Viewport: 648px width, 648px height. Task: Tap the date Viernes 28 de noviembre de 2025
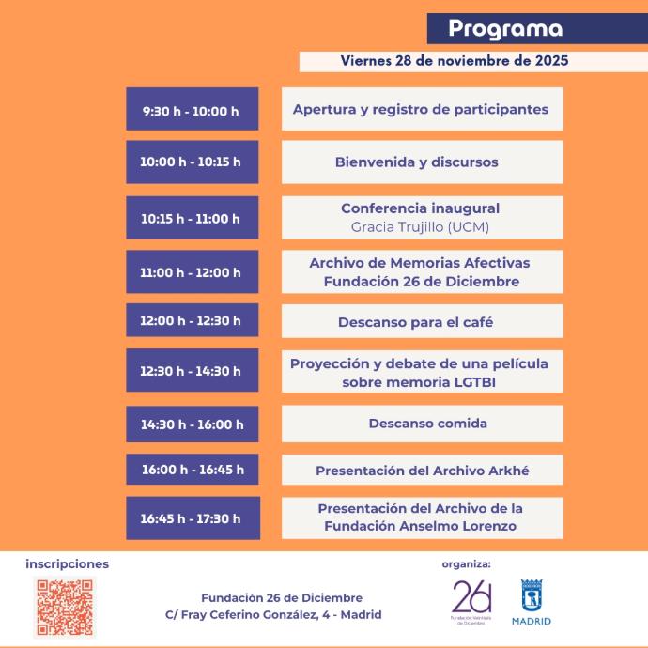(x=455, y=61)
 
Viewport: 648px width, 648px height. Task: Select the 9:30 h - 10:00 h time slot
(x=192, y=110)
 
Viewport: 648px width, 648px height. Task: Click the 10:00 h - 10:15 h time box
(x=192, y=162)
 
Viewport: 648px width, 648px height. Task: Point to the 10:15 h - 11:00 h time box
(x=192, y=219)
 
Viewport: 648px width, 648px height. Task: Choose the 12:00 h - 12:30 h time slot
(x=192, y=320)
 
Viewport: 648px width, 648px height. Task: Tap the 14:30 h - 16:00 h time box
(x=192, y=424)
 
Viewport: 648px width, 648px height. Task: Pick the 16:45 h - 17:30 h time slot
(x=192, y=517)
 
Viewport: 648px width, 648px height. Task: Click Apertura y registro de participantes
(x=421, y=109)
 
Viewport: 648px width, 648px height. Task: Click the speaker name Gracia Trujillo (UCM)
(x=420, y=227)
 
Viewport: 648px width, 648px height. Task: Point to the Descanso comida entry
(x=421, y=424)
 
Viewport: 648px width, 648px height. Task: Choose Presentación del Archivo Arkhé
(x=420, y=471)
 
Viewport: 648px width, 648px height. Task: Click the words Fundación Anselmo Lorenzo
(x=420, y=526)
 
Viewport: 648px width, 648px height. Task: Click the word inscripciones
(x=68, y=564)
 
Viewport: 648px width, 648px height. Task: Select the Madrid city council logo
(x=532, y=602)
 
